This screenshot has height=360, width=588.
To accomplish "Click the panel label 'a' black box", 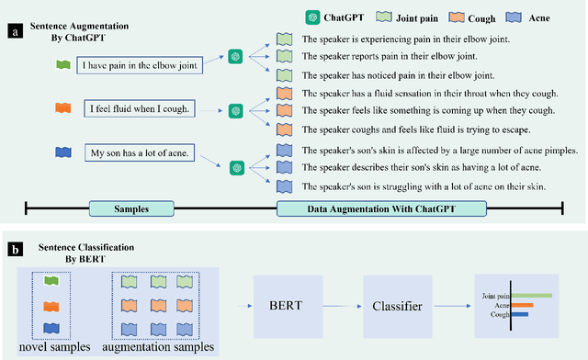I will (14, 30).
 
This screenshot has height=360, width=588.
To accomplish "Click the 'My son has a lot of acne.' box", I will (140, 152).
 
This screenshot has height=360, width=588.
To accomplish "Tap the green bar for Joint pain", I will (530, 296).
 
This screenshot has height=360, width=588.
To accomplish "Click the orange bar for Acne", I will (521, 305).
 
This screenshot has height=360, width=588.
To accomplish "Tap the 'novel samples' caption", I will (55, 346).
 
